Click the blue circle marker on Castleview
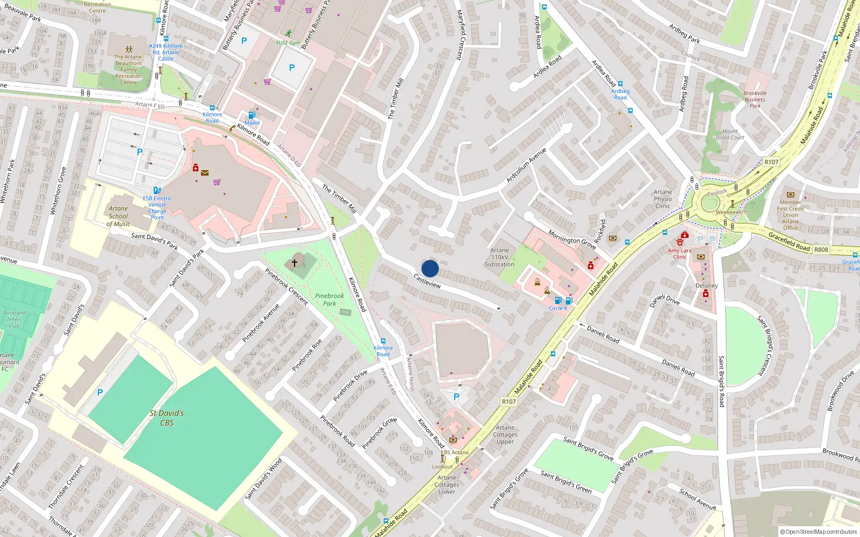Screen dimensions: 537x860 point(430,268)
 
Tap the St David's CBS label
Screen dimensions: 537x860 point(167,418)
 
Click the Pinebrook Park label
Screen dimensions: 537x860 point(329,300)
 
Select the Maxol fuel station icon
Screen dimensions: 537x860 point(251,115)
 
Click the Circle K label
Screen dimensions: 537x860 point(558,308)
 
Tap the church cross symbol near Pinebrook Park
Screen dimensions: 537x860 point(294,263)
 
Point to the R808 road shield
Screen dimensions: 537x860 point(821,250)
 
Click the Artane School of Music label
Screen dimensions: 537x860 point(119,216)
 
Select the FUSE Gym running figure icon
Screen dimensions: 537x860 point(289,33)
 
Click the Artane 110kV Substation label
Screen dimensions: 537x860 point(499,257)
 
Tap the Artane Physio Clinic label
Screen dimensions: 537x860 point(663,199)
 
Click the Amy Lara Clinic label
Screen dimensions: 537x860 point(679,253)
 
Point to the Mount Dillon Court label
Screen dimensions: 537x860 point(730,134)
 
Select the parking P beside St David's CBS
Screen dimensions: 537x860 point(99,393)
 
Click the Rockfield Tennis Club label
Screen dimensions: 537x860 point(14,320)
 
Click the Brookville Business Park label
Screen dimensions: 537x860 point(755,99)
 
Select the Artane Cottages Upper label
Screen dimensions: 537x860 point(505,434)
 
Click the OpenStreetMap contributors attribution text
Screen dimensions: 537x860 point(818,532)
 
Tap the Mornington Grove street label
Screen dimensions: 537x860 point(572,240)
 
